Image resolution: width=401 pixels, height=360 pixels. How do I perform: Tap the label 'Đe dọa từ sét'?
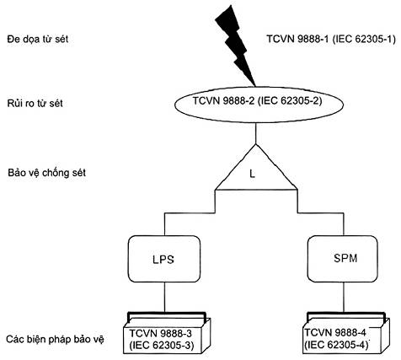click(38, 39)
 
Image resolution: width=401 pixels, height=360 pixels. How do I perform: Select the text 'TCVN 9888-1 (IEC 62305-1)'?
click(331, 39)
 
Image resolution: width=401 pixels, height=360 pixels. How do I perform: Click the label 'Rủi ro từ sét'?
click(35, 103)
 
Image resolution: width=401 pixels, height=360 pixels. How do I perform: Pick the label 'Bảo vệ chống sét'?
click(46, 172)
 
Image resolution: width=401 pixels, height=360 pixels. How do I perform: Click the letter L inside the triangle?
click(253, 174)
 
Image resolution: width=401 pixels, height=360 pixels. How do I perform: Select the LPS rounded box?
click(164, 259)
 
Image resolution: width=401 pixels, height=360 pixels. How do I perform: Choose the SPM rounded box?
click(343, 259)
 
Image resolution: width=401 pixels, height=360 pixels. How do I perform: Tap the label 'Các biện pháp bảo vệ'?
click(55, 339)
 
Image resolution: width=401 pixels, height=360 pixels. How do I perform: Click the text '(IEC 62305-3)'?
click(162, 346)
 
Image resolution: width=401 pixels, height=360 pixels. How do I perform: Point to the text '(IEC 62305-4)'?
click(336, 345)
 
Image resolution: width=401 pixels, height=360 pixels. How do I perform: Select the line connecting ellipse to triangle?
click(255, 133)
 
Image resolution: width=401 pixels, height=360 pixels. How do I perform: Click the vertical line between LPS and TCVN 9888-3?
click(164, 297)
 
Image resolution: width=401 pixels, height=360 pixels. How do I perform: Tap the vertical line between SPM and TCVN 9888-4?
click(343, 297)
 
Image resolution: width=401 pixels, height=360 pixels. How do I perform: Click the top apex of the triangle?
click(255, 144)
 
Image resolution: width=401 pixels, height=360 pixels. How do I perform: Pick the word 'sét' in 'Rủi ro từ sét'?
click(56, 103)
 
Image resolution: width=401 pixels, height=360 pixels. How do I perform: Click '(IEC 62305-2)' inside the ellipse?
click(290, 100)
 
